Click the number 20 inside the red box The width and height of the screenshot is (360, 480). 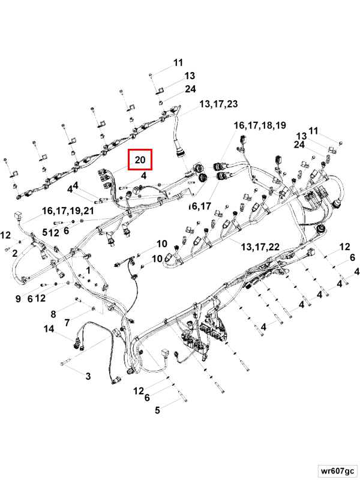(x=140, y=160)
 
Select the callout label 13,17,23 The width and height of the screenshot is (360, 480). (x=218, y=104)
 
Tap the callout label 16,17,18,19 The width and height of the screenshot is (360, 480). (x=260, y=125)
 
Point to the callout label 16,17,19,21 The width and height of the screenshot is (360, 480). (x=68, y=211)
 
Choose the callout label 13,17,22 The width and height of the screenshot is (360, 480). (x=260, y=247)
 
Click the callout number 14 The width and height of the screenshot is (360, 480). (x=49, y=329)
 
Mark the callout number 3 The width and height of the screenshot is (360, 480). (x=88, y=376)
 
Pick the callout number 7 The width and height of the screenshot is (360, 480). (x=67, y=322)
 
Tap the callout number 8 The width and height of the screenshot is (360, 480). (x=53, y=314)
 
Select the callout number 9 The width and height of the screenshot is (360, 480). (x=18, y=298)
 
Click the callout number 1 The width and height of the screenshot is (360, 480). (x=88, y=271)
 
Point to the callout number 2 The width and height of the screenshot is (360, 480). (x=14, y=253)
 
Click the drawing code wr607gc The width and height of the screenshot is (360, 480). (x=337, y=470)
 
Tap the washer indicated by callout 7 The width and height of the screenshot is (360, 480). (x=94, y=308)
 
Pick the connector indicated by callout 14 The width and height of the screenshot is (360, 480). (x=78, y=343)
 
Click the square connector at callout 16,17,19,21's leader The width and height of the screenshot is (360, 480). (x=17, y=215)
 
